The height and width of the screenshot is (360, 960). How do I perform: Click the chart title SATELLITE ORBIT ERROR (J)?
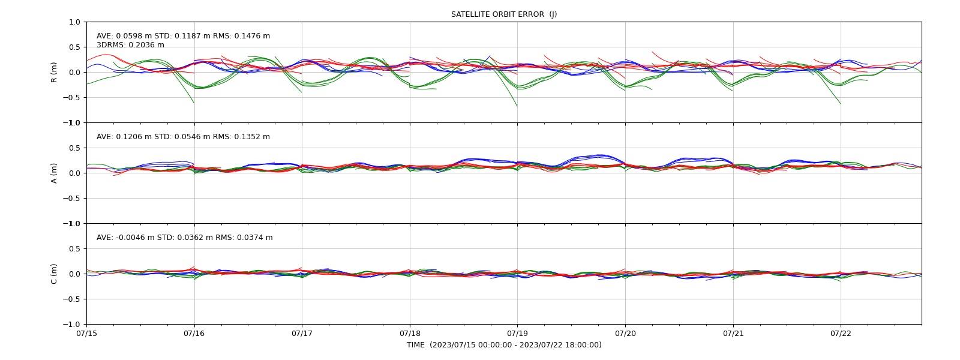click(504, 14)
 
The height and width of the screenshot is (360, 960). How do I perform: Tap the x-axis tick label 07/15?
click(86, 333)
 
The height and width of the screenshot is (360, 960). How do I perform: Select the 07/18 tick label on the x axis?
click(410, 333)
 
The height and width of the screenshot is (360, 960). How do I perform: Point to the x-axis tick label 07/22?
click(841, 333)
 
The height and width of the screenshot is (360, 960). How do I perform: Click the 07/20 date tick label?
click(625, 333)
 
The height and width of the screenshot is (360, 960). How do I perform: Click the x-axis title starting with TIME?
click(504, 345)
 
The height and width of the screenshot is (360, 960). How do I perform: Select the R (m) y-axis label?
click(53, 73)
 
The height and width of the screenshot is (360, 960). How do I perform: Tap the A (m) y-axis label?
click(53, 173)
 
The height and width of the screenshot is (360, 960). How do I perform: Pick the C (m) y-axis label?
click(53, 274)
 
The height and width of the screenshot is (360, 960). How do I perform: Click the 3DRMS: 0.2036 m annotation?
click(130, 45)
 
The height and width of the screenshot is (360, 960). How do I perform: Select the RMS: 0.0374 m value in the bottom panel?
click(244, 238)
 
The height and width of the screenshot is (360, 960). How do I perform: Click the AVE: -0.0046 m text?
click(125, 238)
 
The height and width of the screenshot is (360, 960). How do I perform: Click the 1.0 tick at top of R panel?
click(74, 22)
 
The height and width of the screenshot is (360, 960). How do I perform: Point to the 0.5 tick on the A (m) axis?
click(74, 148)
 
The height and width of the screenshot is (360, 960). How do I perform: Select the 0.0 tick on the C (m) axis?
click(74, 274)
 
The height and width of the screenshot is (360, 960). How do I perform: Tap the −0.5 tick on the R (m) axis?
click(71, 98)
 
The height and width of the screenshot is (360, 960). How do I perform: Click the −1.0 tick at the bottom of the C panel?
click(71, 325)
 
